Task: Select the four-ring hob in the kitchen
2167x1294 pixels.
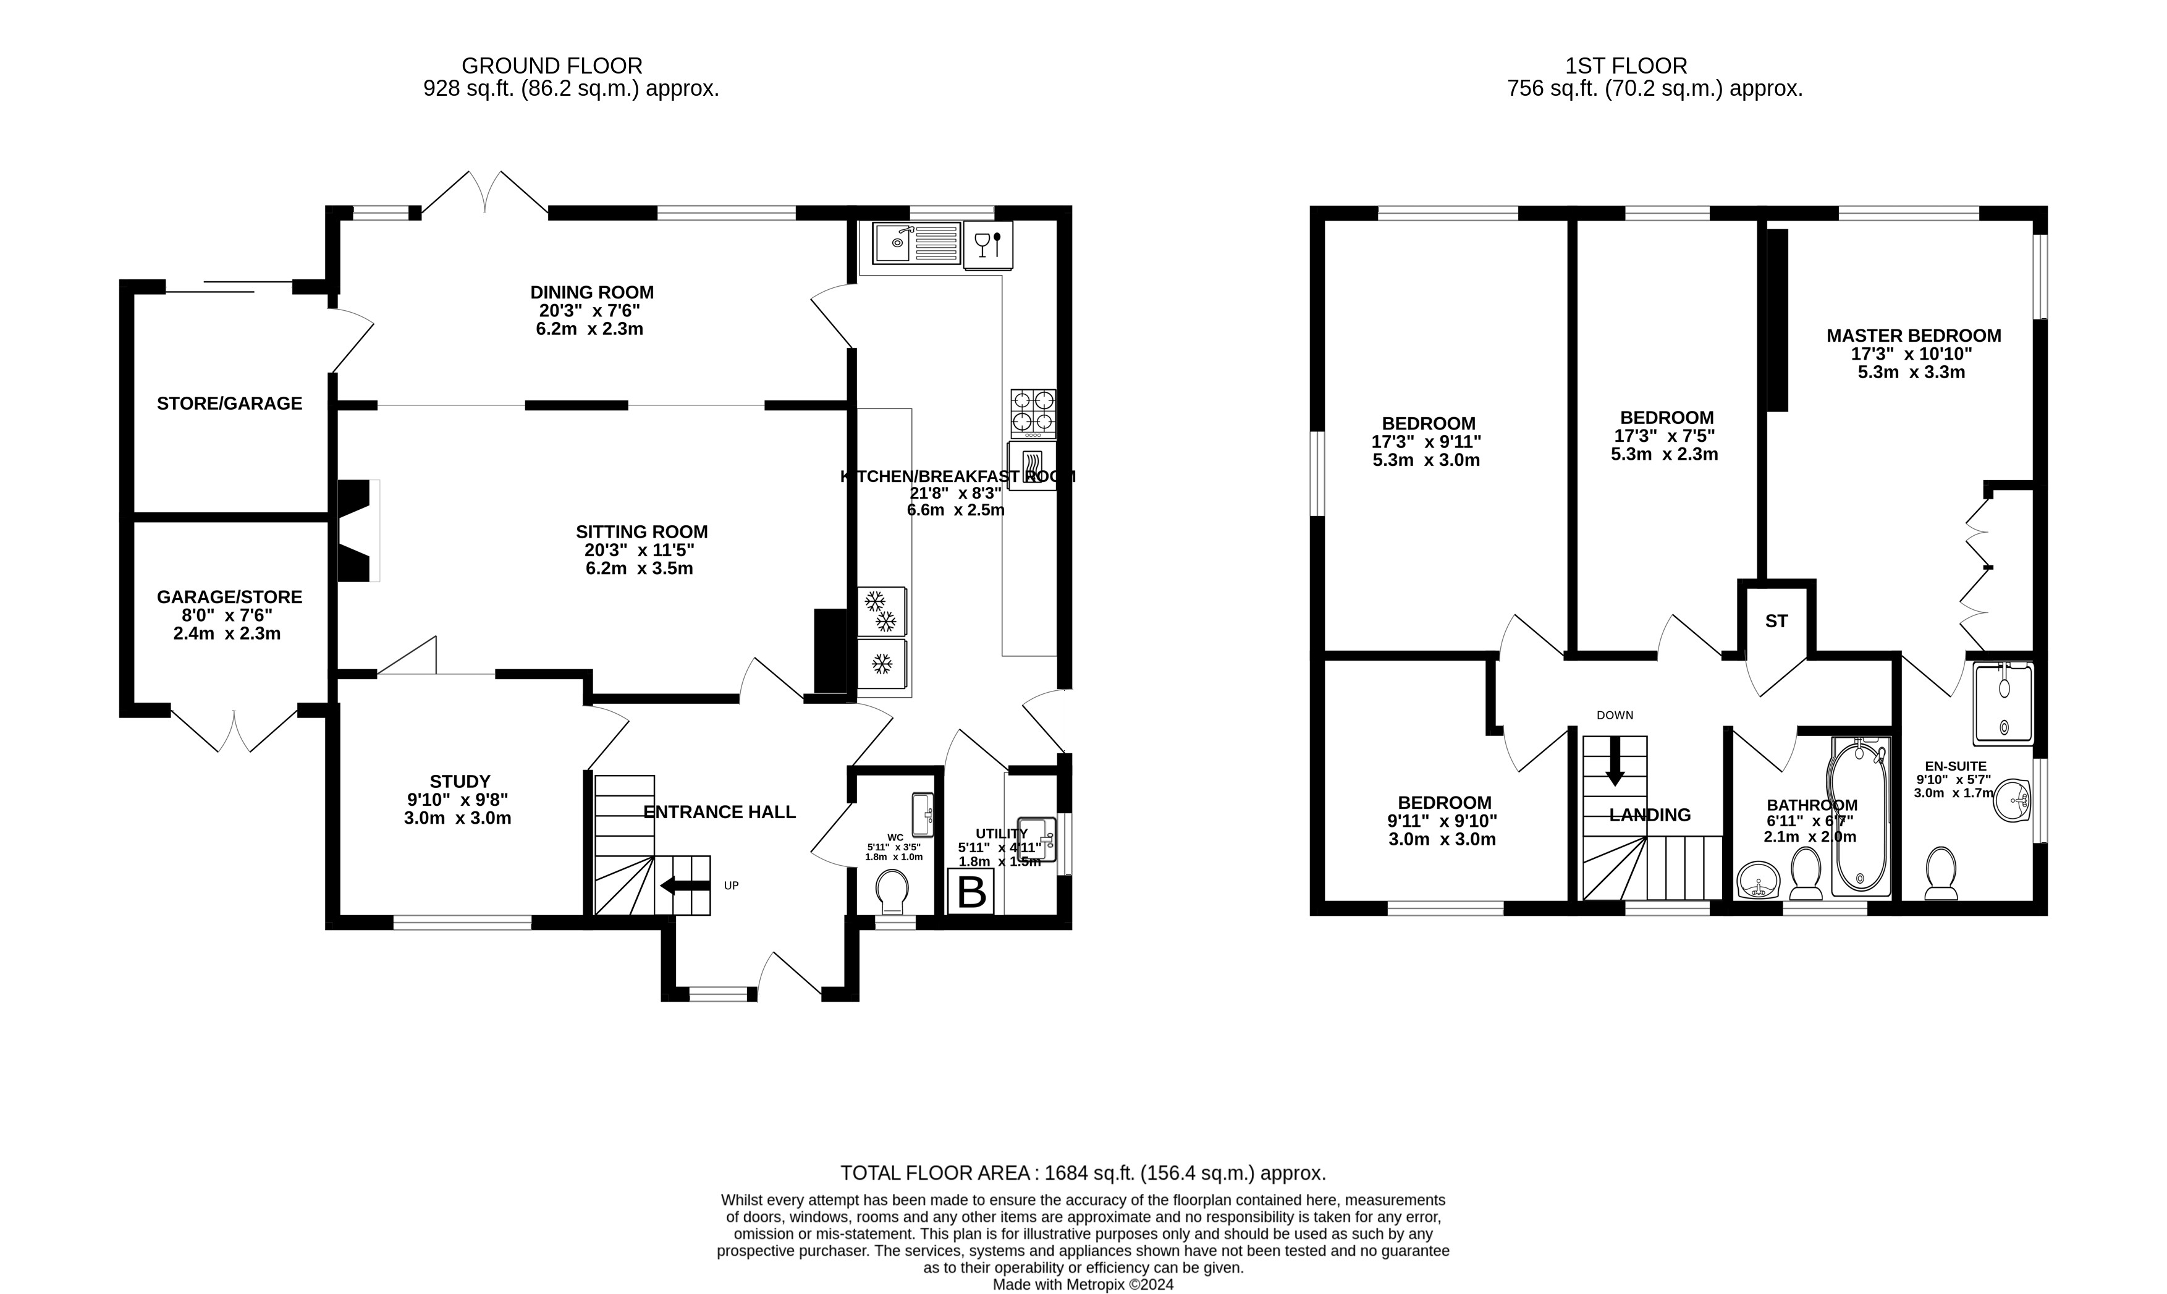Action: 1033,413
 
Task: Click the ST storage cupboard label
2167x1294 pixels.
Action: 1776,621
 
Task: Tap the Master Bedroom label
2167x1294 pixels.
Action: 1913,336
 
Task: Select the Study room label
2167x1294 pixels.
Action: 459,781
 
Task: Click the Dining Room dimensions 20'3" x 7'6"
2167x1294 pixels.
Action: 590,310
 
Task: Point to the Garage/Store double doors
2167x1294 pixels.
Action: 234,730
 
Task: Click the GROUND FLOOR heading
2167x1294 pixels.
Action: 551,66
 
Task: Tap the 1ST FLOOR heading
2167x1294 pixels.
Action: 1626,66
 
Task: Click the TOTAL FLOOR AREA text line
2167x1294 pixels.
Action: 1083,1173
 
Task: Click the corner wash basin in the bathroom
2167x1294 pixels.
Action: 1757,881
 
